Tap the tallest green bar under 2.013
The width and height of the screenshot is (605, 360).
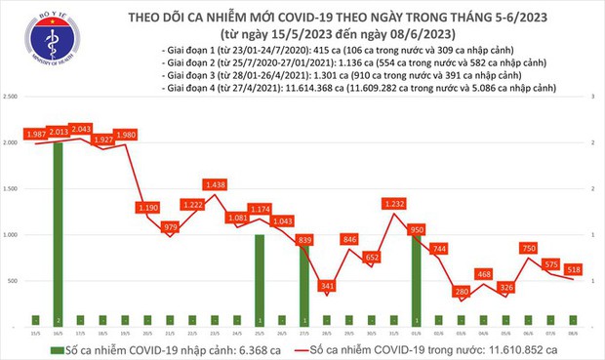pyautogui.click(x=59, y=233)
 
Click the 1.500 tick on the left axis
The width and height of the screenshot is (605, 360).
pyautogui.click(x=12, y=189)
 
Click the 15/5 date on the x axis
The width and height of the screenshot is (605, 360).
pyautogui.click(x=36, y=332)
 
